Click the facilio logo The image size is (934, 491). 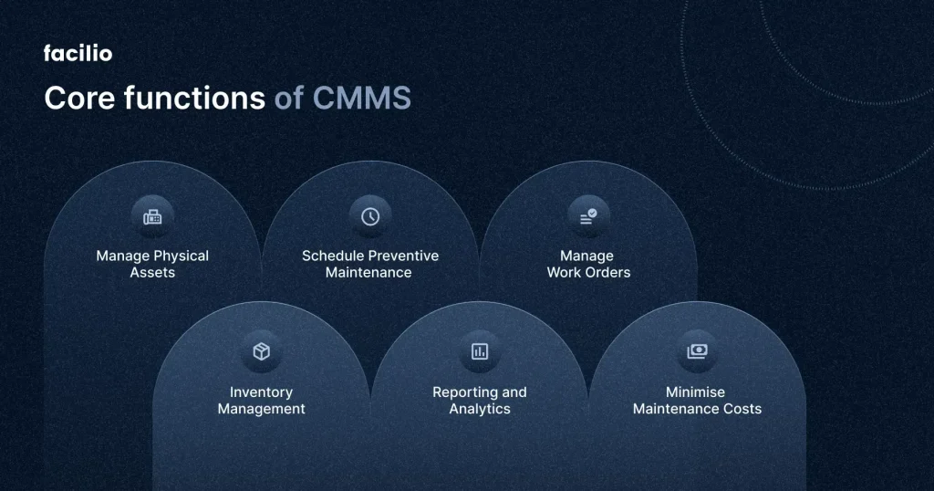78,54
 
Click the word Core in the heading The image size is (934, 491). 76,99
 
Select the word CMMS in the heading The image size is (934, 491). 361,99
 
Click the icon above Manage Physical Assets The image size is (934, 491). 152,216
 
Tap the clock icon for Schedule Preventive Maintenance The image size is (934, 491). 370,216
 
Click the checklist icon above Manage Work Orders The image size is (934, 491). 588,216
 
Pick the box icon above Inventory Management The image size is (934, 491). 262,351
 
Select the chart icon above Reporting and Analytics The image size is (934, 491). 480,351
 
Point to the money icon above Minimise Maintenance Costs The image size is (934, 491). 697,351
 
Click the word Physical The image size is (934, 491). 181,256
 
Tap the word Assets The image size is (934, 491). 152,272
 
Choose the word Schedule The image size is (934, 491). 333,256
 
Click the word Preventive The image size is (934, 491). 403,256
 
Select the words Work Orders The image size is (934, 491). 588,272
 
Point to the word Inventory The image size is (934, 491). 262,392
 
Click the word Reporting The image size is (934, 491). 464,392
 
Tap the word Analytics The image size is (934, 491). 480,409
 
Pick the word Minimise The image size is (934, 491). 697,392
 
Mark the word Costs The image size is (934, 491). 741,409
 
